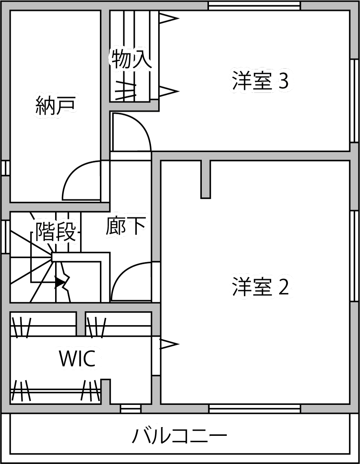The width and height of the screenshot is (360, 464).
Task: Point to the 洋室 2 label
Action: click(x=261, y=287)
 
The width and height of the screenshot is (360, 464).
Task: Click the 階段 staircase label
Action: click(x=56, y=232)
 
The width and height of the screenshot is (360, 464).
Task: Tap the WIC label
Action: click(x=77, y=359)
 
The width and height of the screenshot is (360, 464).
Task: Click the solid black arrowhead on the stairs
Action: click(x=59, y=282)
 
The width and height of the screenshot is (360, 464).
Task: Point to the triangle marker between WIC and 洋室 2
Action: click(x=169, y=344)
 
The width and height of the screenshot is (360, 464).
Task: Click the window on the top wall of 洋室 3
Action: click(x=254, y=5)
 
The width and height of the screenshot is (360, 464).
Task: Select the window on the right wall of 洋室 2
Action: click(x=354, y=256)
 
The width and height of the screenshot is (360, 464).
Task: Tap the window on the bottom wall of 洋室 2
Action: click(x=254, y=409)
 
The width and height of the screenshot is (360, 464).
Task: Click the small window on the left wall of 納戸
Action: click(x=5, y=168)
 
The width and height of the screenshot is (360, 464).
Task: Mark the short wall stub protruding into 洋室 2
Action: click(x=205, y=178)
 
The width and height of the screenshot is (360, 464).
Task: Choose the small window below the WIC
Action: click(x=130, y=409)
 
